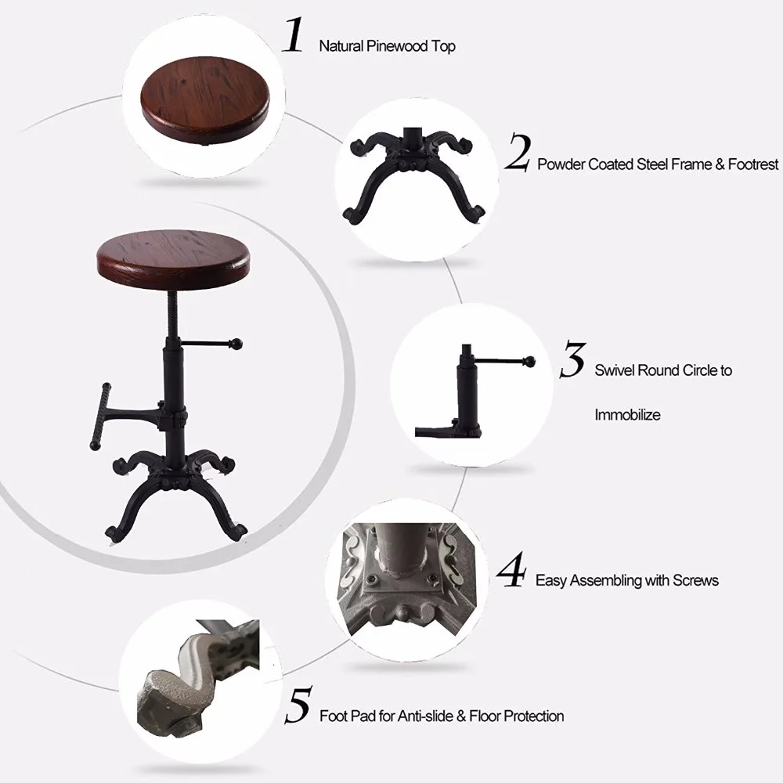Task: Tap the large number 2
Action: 518,153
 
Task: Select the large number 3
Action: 573,359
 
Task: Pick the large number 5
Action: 298,705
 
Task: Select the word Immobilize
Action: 627,414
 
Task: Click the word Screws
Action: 695,580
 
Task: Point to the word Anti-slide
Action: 424,716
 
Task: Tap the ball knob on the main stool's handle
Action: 236,344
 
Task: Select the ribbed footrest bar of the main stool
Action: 100,417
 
